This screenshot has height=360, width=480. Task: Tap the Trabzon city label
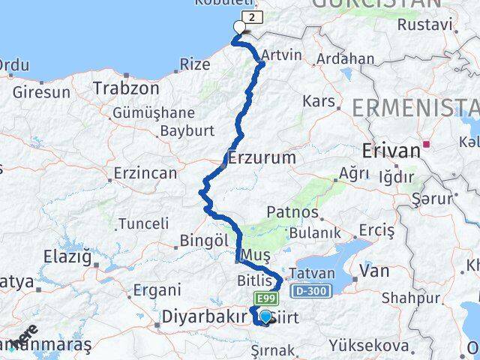click(x=126, y=88)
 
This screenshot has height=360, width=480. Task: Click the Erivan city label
click(x=391, y=150)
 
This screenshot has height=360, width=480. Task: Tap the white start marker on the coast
click(x=239, y=28)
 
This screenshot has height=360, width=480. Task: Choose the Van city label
click(x=373, y=271)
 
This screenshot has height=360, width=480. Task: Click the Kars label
click(x=318, y=100)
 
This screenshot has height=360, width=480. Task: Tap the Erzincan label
click(x=145, y=173)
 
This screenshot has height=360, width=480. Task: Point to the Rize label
click(x=195, y=64)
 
